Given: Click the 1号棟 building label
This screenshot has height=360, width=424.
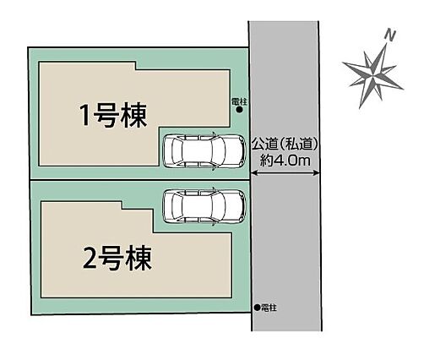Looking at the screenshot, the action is click(x=113, y=116).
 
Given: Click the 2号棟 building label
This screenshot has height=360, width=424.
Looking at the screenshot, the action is click(x=117, y=259).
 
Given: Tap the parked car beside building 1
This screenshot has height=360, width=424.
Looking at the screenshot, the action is click(x=204, y=151).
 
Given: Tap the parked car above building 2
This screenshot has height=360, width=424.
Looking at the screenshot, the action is click(x=204, y=206).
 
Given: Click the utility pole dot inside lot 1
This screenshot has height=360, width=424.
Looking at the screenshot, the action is click(x=239, y=110).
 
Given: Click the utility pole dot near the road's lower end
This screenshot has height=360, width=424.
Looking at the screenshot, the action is click(x=257, y=308).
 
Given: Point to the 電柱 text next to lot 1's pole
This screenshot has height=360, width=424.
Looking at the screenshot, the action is click(x=239, y=101).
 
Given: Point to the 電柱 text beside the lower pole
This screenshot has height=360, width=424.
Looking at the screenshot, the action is click(x=269, y=308).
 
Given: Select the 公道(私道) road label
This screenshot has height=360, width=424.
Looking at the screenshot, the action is click(x=285, y=145).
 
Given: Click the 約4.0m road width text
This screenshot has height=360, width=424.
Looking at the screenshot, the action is click(x=285, y=161).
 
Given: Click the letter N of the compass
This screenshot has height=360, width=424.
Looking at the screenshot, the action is click(x=390, y=35).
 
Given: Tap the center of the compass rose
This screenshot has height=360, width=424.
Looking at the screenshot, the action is click(x=374, y=75).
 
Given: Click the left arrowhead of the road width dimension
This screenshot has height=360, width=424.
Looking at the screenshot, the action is click(x=253, y=174).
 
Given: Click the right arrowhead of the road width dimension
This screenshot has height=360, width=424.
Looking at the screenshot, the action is click(x=317, y=174).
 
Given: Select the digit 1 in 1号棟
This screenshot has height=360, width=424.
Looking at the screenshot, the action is click(x=85, y=116).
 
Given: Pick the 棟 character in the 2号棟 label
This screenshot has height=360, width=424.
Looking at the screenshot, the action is click(x=139, y=259).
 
